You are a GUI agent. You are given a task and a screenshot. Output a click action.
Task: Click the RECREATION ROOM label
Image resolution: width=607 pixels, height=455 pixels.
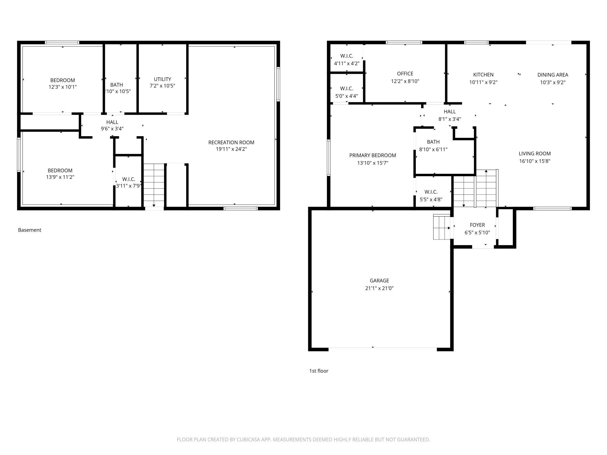pos(231,142)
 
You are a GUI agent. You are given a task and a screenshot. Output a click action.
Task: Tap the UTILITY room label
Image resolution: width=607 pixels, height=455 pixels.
pos(163,79)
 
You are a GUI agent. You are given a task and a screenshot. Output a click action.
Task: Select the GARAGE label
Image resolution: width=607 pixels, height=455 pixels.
pos(379,281)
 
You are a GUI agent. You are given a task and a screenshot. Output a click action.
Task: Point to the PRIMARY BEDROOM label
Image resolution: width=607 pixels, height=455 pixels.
pos(373,155)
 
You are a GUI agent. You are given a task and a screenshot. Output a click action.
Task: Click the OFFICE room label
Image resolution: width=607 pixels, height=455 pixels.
pos(405,74)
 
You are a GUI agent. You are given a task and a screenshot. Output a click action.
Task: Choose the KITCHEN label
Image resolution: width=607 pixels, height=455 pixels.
pos(483,75)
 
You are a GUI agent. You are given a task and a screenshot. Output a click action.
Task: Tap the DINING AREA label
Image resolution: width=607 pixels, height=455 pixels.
pos(553,75)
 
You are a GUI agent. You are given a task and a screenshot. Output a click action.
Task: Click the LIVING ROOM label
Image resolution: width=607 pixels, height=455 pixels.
pos(535,153)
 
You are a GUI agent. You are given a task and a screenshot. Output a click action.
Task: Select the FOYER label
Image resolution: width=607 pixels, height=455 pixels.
pos(477,225)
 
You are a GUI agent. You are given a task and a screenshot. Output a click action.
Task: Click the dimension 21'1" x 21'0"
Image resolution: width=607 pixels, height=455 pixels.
pos(379,288)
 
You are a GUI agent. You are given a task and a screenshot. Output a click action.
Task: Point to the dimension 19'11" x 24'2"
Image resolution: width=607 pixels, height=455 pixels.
pos(231,149)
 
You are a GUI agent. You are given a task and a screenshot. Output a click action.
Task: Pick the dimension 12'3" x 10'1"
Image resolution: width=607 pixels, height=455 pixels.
pos(63,87)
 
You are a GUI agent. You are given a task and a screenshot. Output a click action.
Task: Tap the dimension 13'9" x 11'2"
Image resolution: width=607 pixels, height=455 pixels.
pos(60,177)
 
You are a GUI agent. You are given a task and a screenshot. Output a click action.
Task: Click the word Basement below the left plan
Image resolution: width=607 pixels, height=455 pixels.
pos(29,230)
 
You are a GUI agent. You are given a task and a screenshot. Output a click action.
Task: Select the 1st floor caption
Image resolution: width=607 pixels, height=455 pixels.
pos(319,371)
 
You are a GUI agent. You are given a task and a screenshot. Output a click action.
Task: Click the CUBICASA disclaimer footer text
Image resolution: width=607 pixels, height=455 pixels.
pos(303,440)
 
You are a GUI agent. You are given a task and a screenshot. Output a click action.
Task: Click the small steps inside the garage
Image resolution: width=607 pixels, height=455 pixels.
pos(442,227)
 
